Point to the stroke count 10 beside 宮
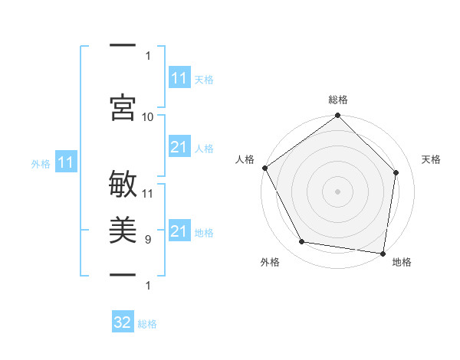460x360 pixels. (x=148, y=116)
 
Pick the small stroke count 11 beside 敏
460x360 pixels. (x=148, y=193)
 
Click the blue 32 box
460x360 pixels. (x=123, y=322)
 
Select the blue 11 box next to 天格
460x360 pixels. (x=179, y=78)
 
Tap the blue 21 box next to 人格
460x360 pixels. (x=179, y=147)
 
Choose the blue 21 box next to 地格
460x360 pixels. (x=179, y=231)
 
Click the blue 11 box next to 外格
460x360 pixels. (x=66, y=162)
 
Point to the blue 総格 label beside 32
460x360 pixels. (x=147, y=324)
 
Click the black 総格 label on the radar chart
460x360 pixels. (x=338, y=100)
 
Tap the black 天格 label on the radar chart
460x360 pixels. (x=431, y=159)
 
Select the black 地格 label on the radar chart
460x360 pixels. (x=402, y=263)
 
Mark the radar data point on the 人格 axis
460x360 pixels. (x=264, y=168)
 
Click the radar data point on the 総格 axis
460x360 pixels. (x=337, y=116)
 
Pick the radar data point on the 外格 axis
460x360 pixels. (x=302, y=242)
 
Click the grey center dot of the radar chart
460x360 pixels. (x=337, y=191)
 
